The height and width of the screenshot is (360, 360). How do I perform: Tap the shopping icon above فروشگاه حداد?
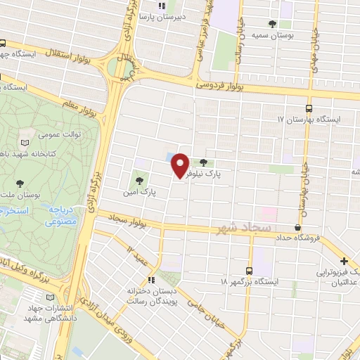coord(298,227)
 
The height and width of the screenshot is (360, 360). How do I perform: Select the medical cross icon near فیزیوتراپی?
coord(345,262)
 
